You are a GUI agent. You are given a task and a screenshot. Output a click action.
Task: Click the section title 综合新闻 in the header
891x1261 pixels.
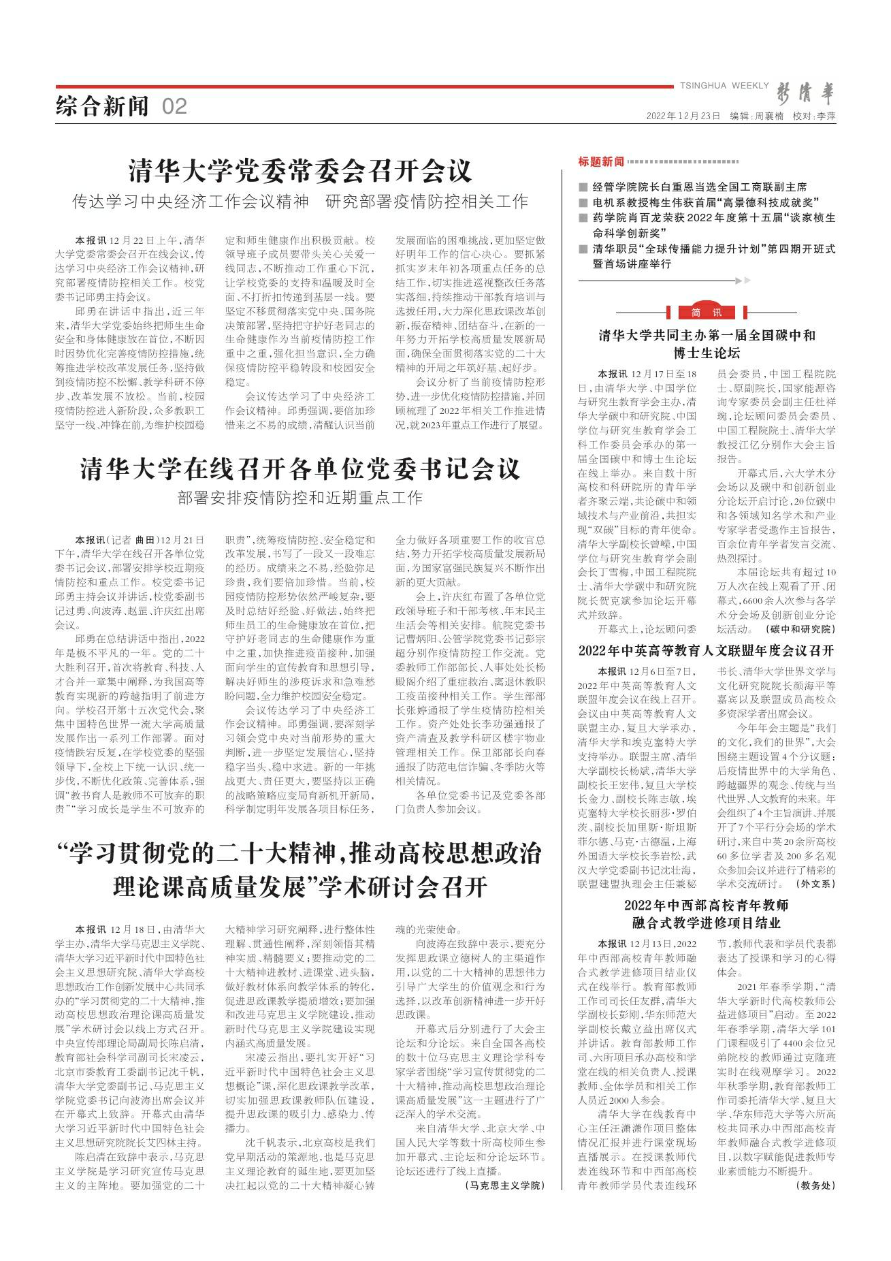(x=102, y=106)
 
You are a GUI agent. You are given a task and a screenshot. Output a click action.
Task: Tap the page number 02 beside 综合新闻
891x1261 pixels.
(x=174, y=106)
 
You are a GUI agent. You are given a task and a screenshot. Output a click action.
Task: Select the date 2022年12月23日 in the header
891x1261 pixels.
(x=683, y=116)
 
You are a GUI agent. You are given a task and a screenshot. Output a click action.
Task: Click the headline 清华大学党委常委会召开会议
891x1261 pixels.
(x=300, y=170)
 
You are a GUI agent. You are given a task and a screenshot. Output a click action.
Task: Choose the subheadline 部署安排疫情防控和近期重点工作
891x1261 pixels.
(x=300, y=496)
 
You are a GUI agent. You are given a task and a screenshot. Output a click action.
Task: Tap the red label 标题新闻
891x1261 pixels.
(x=601, y=161)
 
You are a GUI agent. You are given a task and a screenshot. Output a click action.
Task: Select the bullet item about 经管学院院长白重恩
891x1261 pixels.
(x=700, y=187)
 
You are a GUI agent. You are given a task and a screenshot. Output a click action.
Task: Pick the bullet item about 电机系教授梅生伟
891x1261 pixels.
(x=705, y=202)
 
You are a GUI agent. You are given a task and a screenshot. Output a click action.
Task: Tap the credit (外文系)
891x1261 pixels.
(x=815, y=884)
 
